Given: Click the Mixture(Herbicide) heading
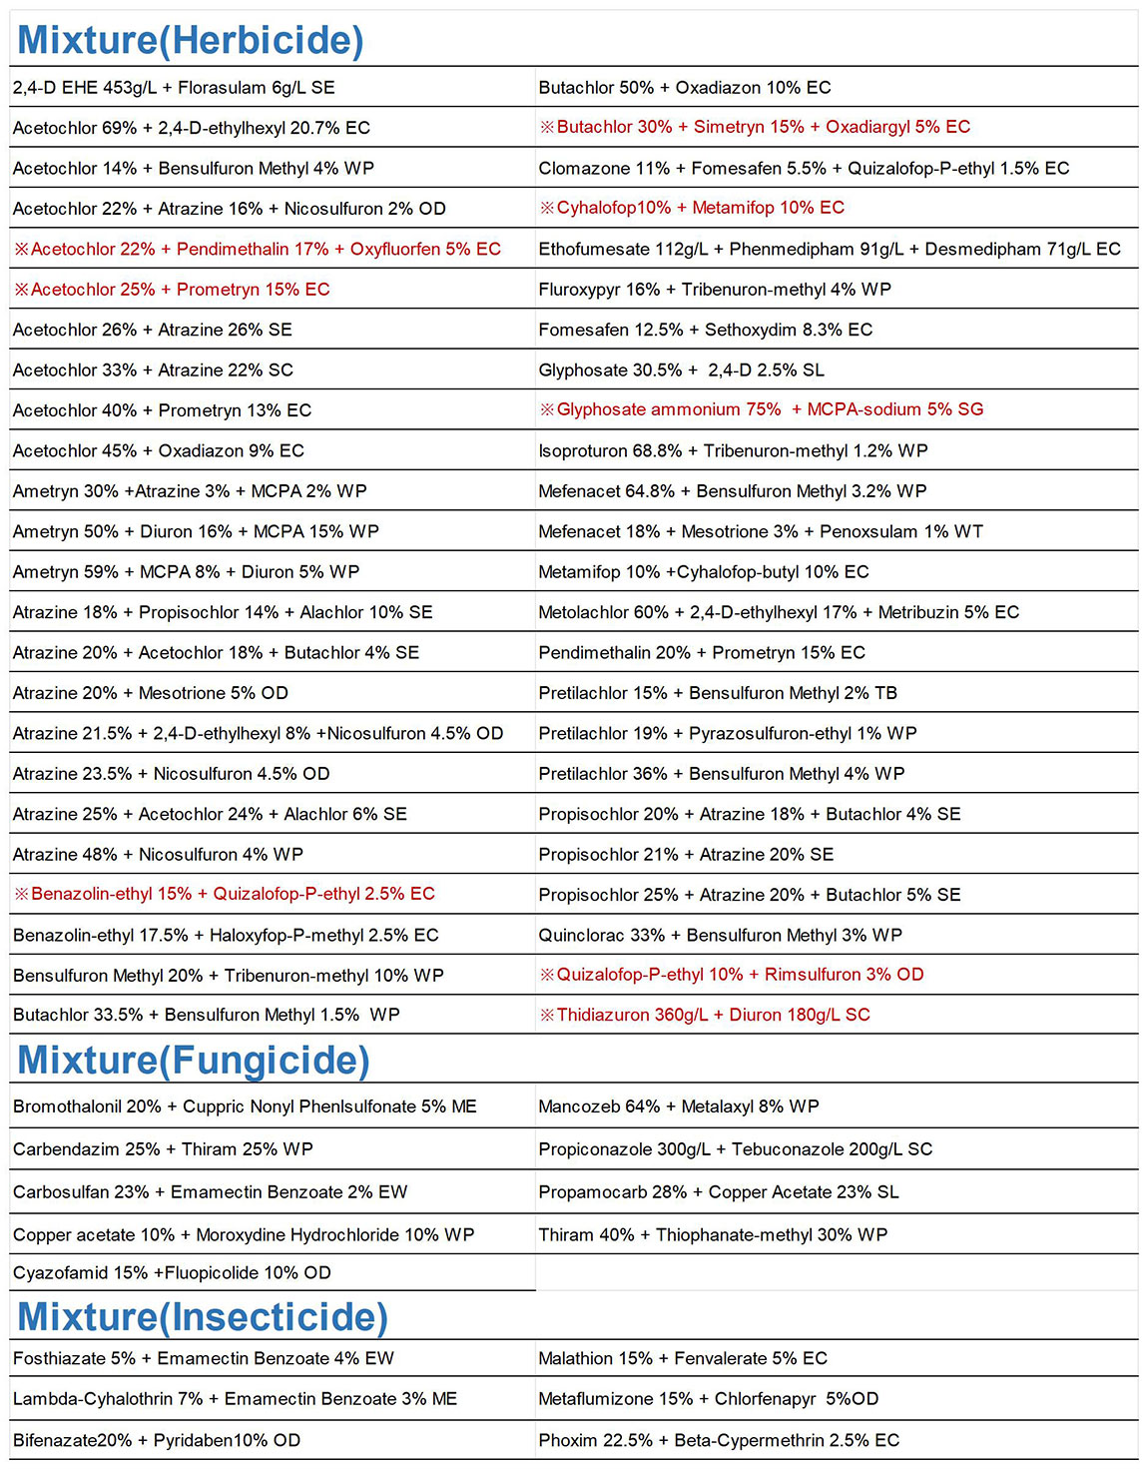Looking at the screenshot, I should [191, 40].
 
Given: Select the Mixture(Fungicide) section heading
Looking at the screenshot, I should [194, 1060].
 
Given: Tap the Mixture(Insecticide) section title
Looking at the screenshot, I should [203, 1316].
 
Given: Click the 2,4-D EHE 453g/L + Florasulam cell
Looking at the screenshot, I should [174, 88].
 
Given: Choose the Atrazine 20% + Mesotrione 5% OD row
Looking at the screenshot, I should [151, 693].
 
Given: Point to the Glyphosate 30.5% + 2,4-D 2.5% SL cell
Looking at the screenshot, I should [681, 370].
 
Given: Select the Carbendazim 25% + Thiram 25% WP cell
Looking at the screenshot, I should [163, 1149].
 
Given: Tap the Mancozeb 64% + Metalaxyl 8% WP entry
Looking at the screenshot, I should [678, 1106].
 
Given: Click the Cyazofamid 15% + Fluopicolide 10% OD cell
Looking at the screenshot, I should [172, 1273].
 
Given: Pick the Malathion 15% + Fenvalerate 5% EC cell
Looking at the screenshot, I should [683, 1358].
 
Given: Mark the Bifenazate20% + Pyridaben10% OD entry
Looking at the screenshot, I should [157, 1440].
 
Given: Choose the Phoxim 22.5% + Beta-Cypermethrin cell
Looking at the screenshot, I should [719, 1440].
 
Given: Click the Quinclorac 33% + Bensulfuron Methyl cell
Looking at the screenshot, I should [720, 935].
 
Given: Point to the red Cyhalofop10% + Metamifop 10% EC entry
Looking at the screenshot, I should [692, 208].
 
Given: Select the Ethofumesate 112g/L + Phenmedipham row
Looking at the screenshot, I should [829, 249].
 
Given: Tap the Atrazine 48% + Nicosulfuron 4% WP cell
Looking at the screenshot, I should [158, 855].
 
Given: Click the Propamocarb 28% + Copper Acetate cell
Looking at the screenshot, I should [718, 1192].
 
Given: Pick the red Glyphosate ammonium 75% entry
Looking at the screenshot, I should [761, 409].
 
